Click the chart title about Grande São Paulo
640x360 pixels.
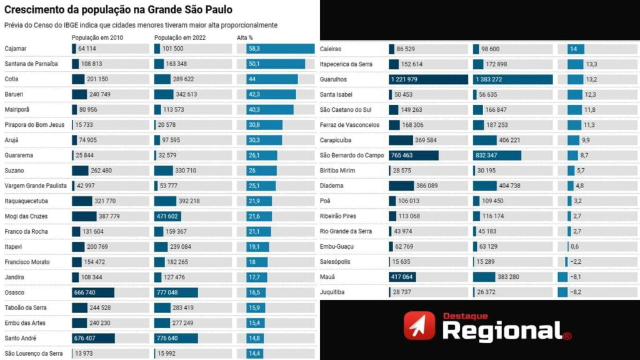(118, 10)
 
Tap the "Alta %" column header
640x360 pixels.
(245, 37)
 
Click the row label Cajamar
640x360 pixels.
(16, 49)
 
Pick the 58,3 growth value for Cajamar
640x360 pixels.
(254, 49)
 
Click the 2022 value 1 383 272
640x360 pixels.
(497, 79)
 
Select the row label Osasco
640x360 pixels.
(14, 292)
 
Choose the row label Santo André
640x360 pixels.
(21, 338)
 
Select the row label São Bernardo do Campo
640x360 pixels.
(351, 156)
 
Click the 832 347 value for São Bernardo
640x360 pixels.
(498, 156)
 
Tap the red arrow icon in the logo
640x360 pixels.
(419, 326)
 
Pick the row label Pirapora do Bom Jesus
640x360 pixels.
(34, 125)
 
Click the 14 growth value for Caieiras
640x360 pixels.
(573, 49)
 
